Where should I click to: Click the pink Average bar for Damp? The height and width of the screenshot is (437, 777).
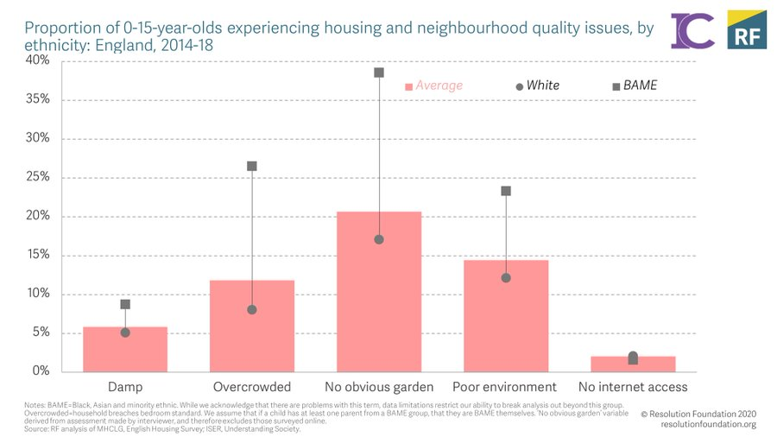tap(125, 350)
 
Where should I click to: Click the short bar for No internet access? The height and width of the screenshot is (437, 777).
tap(633, 364)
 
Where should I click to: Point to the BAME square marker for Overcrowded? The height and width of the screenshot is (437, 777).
tap(252, 166)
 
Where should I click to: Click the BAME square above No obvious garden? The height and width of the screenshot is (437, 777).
tap(379, 73)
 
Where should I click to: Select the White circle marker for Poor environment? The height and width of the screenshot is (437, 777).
tap(506, 278)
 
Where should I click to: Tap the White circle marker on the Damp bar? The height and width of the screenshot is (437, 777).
tap(125, 332)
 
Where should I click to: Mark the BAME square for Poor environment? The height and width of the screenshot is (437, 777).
tap(506, 191)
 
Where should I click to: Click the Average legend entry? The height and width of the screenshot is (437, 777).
tap(434, 85)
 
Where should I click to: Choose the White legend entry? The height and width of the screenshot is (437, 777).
tap(537, 85)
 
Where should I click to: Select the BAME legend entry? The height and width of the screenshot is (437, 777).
tap(635, 85)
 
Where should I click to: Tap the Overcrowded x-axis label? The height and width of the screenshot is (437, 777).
tap(252, 387)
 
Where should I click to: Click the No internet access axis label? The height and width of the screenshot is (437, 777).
tap(633, 387)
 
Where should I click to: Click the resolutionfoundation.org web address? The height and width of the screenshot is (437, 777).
tap(707, 424)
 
